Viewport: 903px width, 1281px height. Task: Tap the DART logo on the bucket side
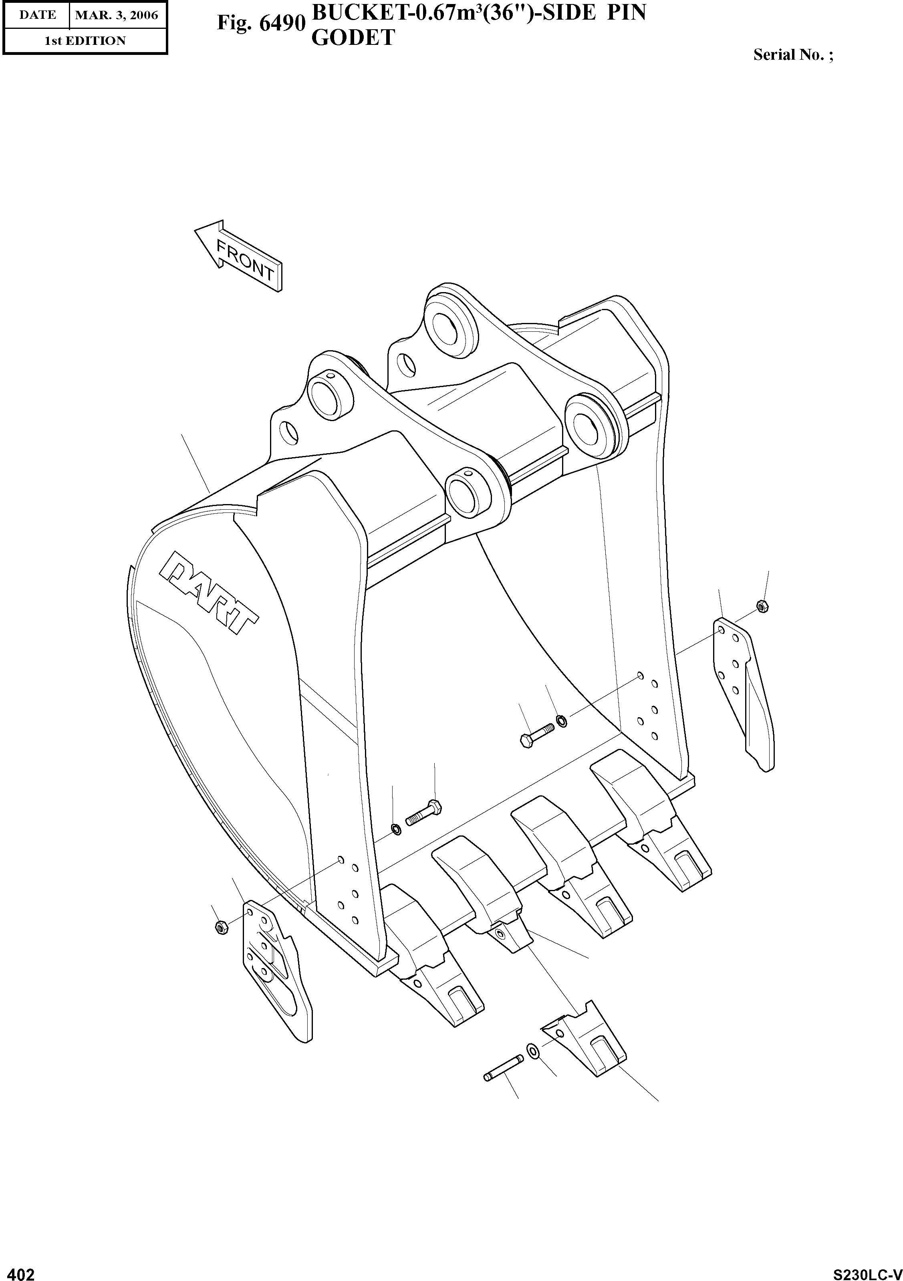pos(208,593)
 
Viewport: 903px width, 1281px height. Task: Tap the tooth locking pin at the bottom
pos(503,1068)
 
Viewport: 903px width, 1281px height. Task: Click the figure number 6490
pos(261,23)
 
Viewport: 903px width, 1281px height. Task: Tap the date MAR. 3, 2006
pos(117,15)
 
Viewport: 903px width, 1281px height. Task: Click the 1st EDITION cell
pos(85,41)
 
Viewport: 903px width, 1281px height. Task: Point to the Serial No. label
pos(792,54)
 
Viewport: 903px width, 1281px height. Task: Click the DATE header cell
pos(37,15)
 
